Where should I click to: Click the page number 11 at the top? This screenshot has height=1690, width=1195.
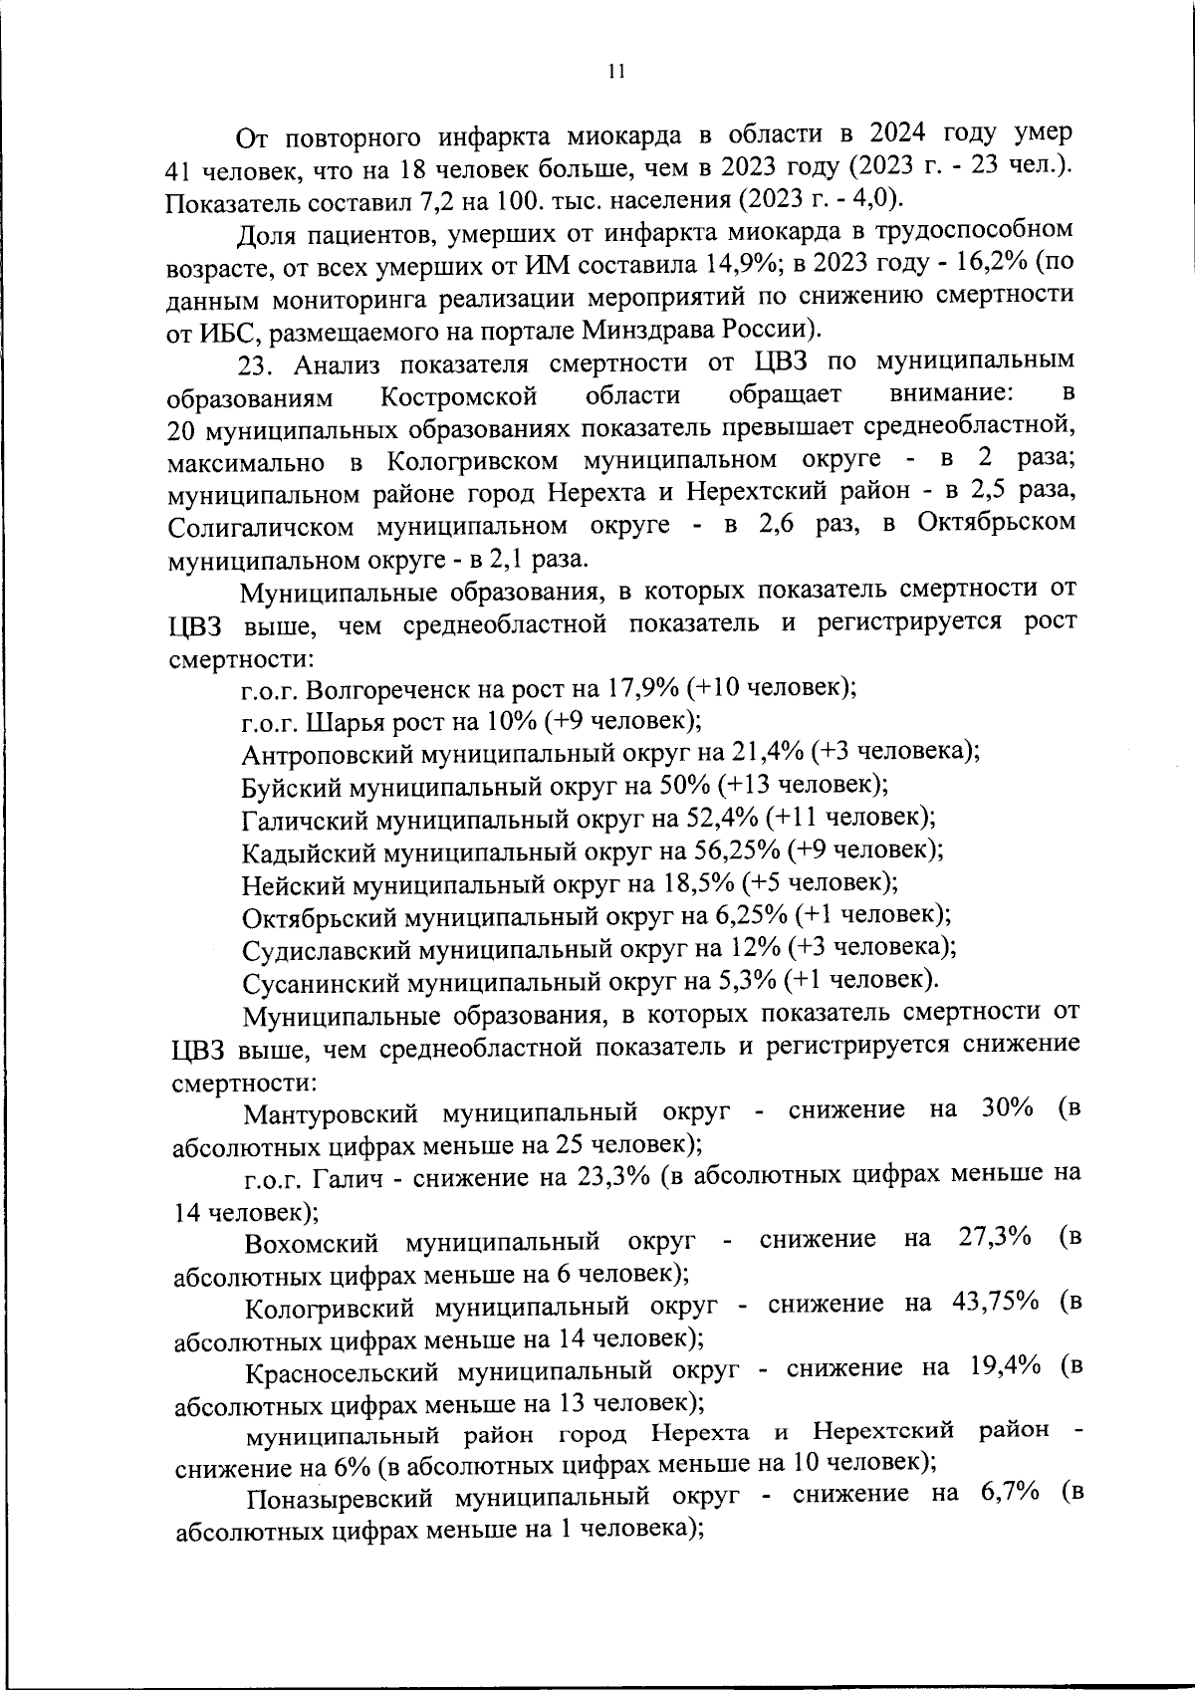click(616, 71)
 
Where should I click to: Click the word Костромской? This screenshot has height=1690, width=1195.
click(460, 396)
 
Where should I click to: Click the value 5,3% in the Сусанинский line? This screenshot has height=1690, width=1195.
click(745, 980)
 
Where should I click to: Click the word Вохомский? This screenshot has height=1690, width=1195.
click(313, 1241)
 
